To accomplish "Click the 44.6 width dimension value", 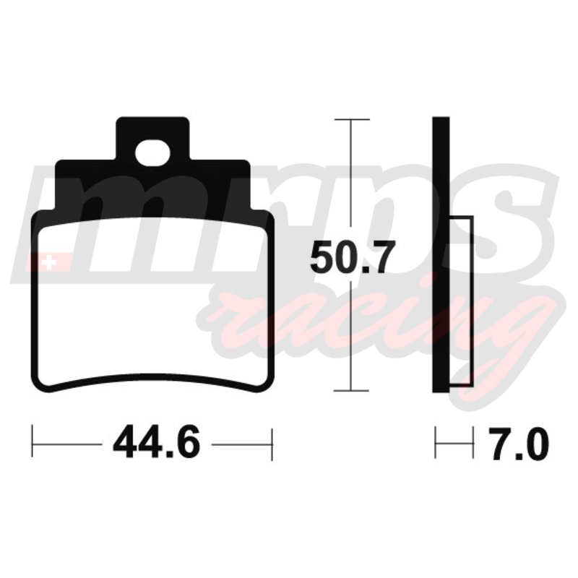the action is [x=156, y=441].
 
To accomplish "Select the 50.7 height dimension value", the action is [x=353, y=257].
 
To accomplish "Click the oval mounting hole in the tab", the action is [x=152, y=153].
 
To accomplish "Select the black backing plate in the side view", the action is [x=441, y=255].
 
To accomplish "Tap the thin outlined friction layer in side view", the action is [x=461, y=301].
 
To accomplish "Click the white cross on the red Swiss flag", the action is [x=49, y=263].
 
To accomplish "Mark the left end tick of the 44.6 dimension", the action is [x=33, y=441].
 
